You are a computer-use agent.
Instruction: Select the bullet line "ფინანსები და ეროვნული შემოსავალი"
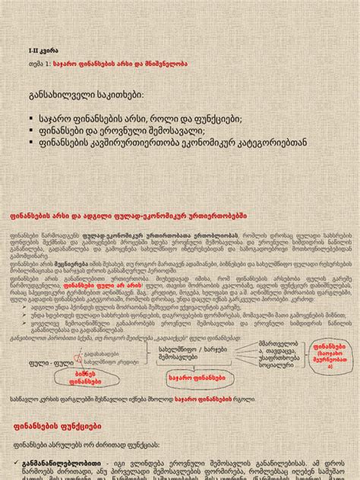(x=137, y=131)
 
